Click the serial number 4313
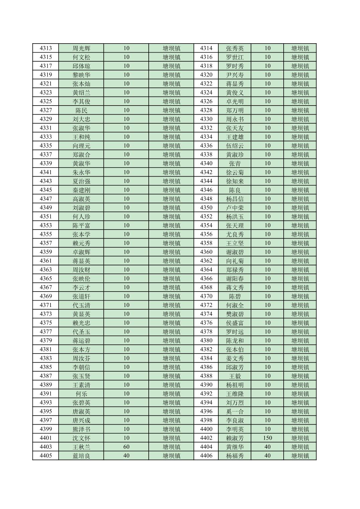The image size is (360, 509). pyautogui.click(x=46, y=48)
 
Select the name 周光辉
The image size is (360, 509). pyautogui.click(x=81, y=48)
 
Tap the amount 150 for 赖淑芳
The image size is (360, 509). pyautogui.click(x=267, y=438)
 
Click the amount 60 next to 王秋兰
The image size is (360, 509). pyautogui.click(x=126, y=447)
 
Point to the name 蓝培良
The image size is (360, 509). pyautogui.click(x=81, y=456)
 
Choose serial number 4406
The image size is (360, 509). pyautogui.click(x=206, y=456)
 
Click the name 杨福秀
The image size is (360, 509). pyautogui.click(x=235, y=456)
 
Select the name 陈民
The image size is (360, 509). pyautogui.click(x=81, y=110)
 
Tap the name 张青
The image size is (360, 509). pyautogui.click(x=235, y=164)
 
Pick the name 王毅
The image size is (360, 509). pyautogui.click(x=235, y=376)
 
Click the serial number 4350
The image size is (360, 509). pyautogui.click(x=206, y=208)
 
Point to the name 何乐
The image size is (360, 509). pyautogui.click(x=81, y=394)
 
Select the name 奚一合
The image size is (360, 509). pyautogui.click(x=235, y=411)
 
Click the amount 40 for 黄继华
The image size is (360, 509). pyautogui.click(x=267, y=447)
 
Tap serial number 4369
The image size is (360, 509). pyautogui.click(x=46, y=296)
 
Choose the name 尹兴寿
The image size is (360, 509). pyautogui.click(x=235, y=75)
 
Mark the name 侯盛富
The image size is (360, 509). pyautogui.click(x=235, y=323)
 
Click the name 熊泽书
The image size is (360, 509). pyautogui.click(x=81, y=429)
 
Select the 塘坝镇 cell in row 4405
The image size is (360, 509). pyautogui.click(x=171, y=456)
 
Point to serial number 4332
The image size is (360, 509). pyautogui.click(x=206, y=128)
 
